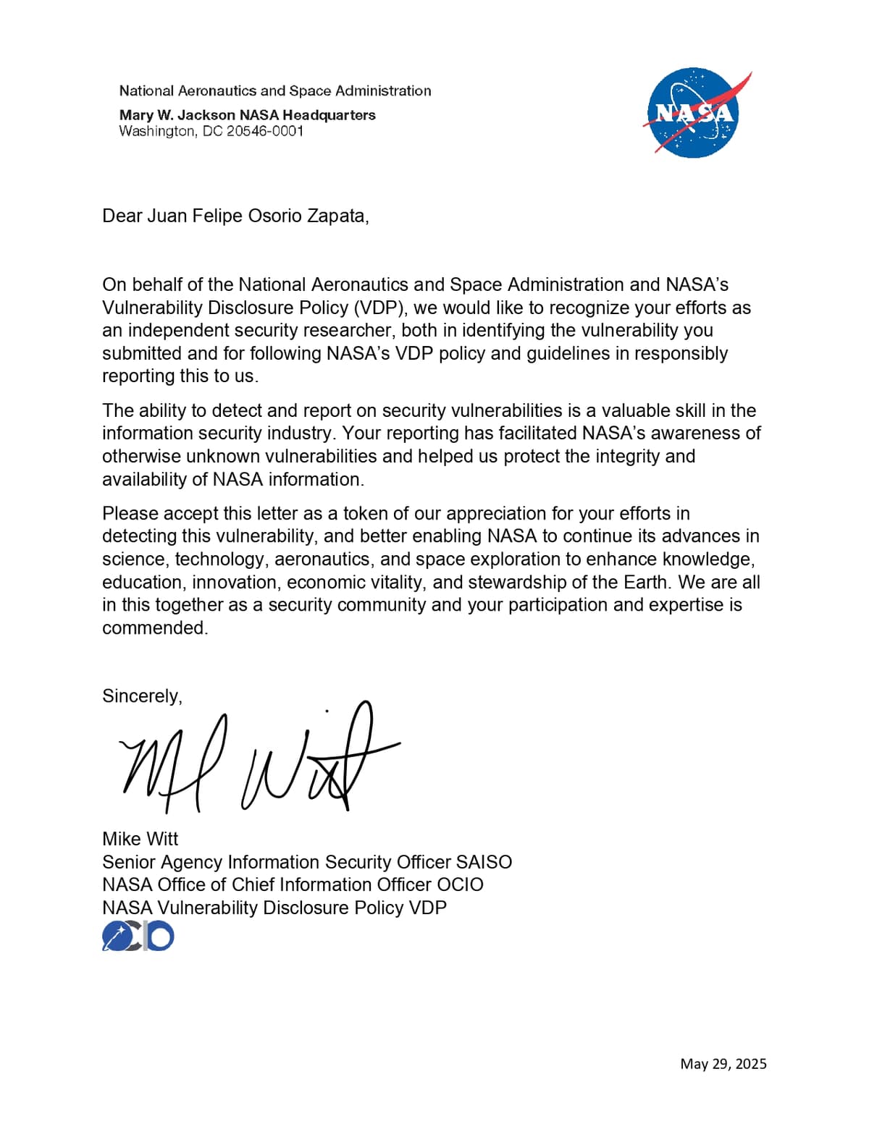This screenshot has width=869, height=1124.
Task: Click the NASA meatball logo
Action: click(x=693, y=113)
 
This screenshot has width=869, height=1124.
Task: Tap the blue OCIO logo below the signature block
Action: click(x=138, y=936)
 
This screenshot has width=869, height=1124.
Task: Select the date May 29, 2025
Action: click(x=723, y=1063)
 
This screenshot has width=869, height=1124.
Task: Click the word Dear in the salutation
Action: click(x=122, y=216)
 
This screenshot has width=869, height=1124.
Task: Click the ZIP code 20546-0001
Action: click(x=264, y=131)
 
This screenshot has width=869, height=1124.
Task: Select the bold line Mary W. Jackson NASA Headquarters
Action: click(x=247, y=114)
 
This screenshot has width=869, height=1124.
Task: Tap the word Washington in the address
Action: click(x=157, y=131)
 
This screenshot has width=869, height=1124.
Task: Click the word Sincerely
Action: click(x=142, y=696)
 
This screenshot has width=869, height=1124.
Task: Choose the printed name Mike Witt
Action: click(x=140, y=838)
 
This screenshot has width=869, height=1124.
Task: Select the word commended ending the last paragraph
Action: click(x=154, y=628)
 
